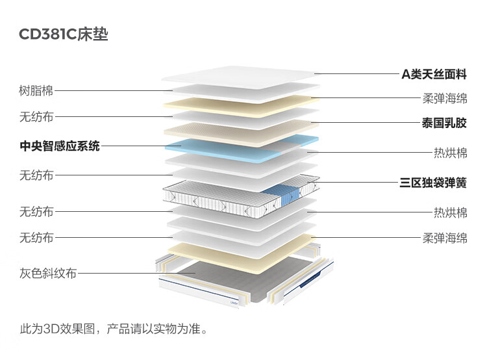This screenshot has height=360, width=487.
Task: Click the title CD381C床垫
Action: click(64, 34)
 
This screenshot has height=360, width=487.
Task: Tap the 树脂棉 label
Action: click(36, 91)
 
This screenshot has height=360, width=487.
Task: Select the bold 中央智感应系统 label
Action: click(60, 146)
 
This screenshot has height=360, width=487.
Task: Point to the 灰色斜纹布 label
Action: click(48, 274)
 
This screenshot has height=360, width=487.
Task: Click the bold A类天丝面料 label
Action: click(434, 74)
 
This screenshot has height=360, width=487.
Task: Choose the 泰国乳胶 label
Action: click(444, 123)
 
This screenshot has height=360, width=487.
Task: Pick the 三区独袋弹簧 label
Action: click(433, 183)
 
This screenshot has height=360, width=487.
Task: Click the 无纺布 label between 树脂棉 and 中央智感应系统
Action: click(36, 117)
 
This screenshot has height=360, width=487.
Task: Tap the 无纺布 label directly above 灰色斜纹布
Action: click(36, 238)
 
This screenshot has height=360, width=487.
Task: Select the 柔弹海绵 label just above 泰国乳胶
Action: click(445, 99)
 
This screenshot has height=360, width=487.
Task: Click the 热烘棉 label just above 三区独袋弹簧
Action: click(451, 153)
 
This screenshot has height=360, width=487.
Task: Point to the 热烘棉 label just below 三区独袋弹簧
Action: click(451, 212)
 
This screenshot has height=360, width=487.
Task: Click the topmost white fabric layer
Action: click(241, 76)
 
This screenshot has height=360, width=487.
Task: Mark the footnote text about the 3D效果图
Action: click(114, 329)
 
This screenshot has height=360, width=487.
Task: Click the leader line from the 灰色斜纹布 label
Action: click(136, 274)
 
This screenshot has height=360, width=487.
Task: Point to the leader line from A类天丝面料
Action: click(356, 74)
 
